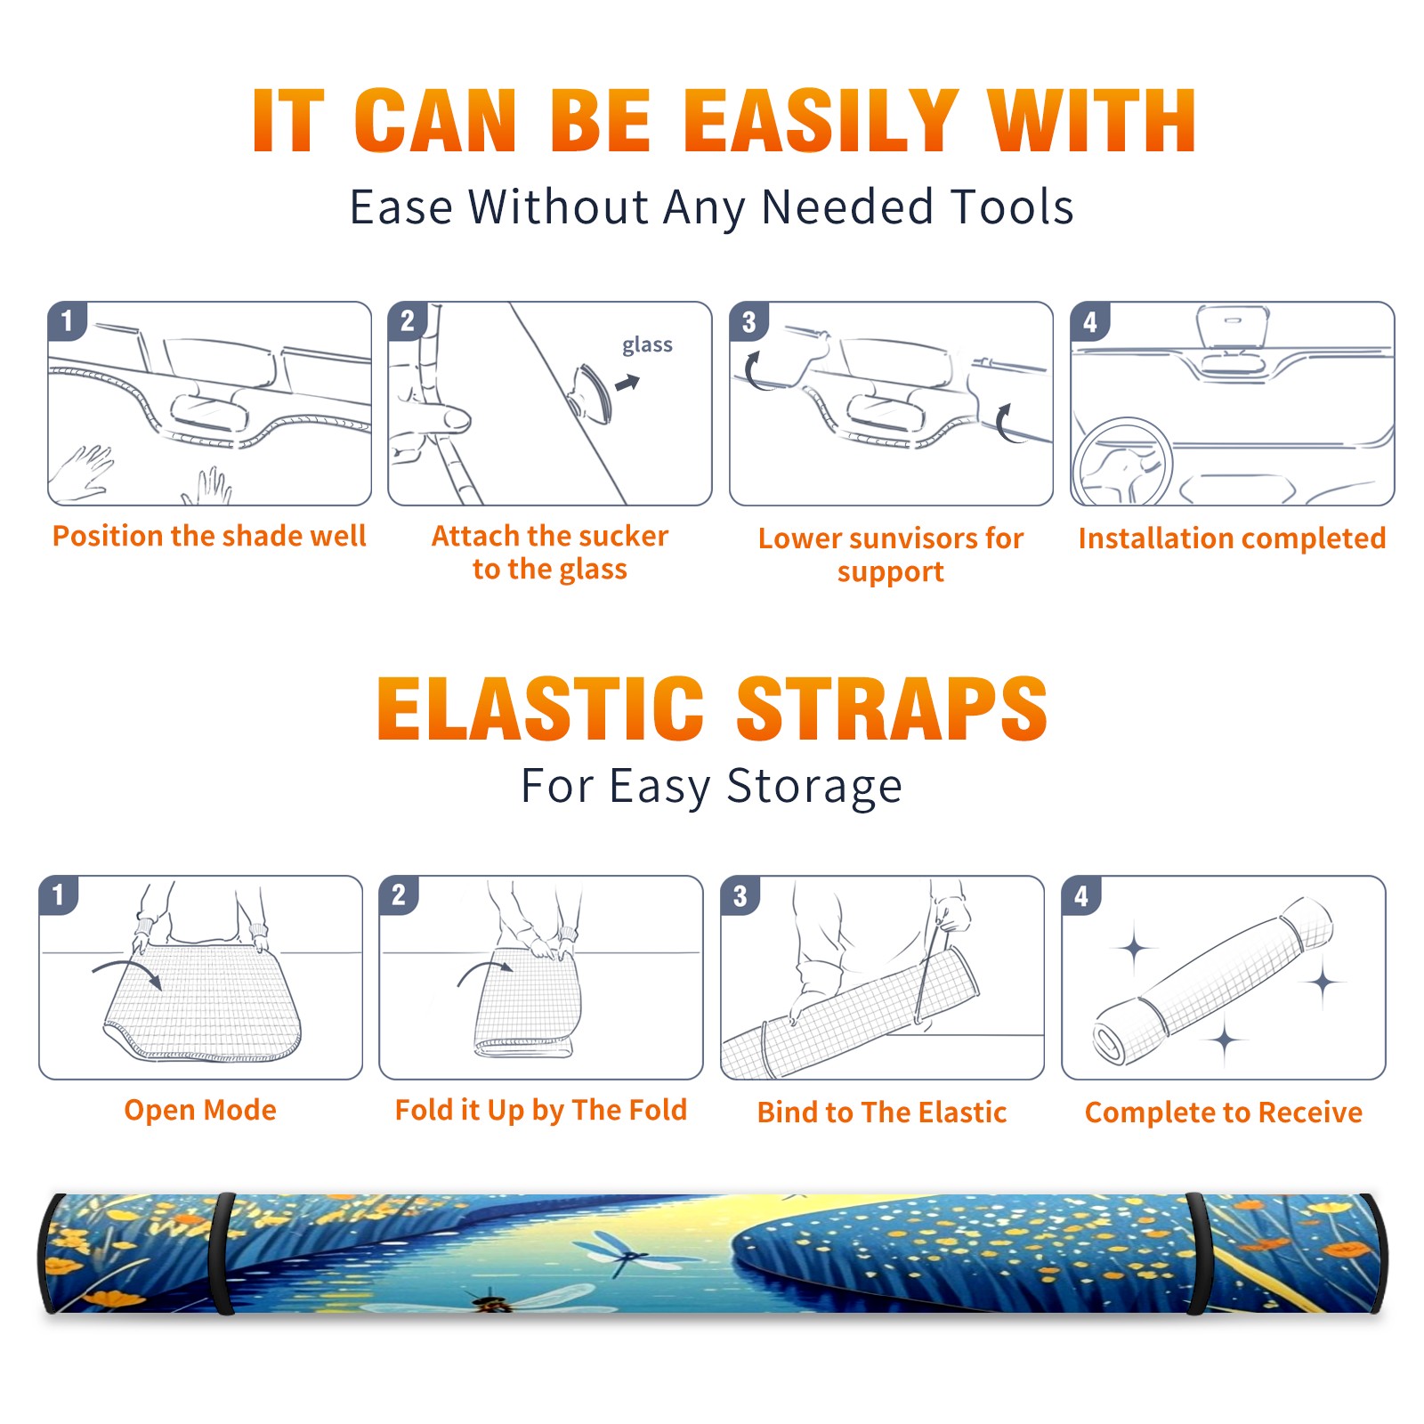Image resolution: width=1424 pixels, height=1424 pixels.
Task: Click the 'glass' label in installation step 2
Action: [x=647, y=345]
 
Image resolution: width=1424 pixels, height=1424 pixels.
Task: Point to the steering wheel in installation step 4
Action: [x=1121, y=462]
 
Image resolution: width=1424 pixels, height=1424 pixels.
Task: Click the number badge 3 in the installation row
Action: [x=748, y=321]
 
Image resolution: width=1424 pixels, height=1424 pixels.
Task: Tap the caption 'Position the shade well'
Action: [x=209, y=536]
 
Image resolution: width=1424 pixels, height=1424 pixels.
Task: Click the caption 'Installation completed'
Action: [x=1232, y=538]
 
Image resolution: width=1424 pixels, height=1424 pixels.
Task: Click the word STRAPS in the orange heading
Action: [x=892, y=708]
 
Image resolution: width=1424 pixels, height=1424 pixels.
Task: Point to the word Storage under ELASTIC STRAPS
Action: [x=814, y=787]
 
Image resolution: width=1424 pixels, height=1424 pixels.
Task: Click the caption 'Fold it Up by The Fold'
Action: [x=541, y=1110]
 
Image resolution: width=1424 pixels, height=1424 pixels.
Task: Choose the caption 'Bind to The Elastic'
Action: [x=882, y=1112]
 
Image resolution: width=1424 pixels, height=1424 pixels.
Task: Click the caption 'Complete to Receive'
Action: [x=1224, y=1112]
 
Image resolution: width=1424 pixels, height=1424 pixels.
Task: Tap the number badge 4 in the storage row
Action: [x=1081, y=895]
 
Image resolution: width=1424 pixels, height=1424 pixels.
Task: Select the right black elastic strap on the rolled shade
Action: [x=1197, y=1253]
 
